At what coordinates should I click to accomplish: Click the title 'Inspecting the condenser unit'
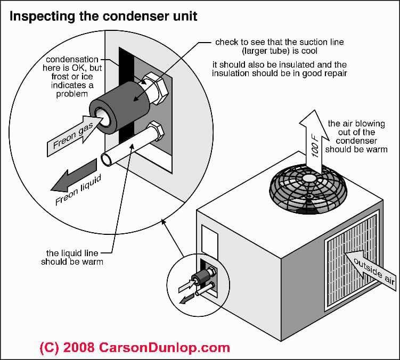[x=103, y=16]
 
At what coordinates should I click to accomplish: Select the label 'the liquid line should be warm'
[x=72, y=258]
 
